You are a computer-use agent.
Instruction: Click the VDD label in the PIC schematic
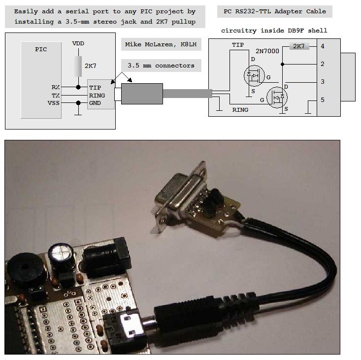tap(78, 44)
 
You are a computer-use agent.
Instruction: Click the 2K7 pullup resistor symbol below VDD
tap(78, 66)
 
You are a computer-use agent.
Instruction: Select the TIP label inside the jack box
tap(95, 88)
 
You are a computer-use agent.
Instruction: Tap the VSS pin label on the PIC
tap(54, 103)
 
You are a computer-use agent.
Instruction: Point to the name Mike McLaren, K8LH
tap(161, 45)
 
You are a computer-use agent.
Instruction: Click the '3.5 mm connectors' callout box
tap(161, 65)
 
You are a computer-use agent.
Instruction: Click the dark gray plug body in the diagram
tap(142, 94)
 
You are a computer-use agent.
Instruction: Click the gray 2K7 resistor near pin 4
tap(298, 46)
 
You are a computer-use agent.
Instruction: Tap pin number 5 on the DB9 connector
tap(322, 100)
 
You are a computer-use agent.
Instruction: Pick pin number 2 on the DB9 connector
tap(322, 64)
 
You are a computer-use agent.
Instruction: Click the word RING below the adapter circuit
tap(240, 110)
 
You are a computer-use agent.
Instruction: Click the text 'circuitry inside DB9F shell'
tap(274, 31)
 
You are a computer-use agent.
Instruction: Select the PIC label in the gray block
tap(41, 49)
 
